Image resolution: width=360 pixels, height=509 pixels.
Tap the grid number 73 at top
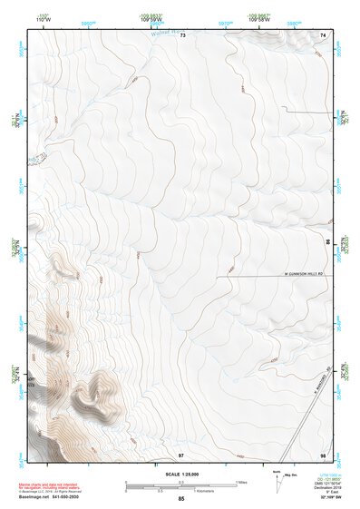tap(182, 34)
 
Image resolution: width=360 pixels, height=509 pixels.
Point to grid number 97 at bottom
tap(181, 454)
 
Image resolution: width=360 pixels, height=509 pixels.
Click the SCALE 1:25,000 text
tap(182, 475)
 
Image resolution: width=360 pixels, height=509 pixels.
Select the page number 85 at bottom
tap(181, 499)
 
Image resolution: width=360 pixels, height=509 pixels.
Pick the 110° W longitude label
tap(44, 17)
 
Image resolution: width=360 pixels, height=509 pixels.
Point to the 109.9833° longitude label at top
tap(151, 17)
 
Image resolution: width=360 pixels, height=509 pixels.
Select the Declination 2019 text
tap(332, 488)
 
